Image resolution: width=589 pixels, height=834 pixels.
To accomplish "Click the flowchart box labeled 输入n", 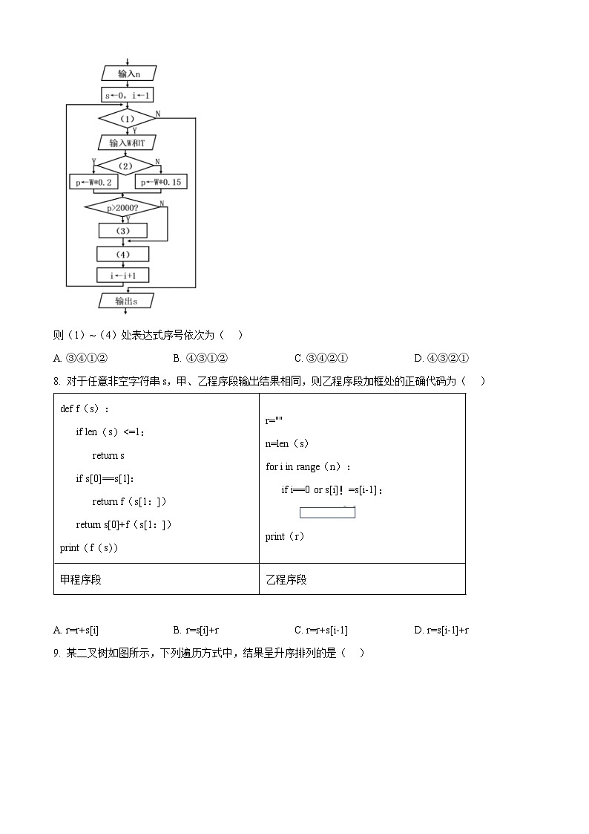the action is pos(128,74).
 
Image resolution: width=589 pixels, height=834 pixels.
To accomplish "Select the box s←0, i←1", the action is pos(128,95).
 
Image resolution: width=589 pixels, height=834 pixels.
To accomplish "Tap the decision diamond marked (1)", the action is pos(128,119).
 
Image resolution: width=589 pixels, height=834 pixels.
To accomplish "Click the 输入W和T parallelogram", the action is pos(128,143).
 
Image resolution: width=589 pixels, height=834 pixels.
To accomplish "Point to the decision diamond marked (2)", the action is pos(126,166).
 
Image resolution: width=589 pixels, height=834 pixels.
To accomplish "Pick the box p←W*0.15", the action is pos(160,182).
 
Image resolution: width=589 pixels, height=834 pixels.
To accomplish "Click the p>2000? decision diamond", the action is pos(123,208).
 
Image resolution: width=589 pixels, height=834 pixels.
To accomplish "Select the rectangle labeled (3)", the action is pos(124,231).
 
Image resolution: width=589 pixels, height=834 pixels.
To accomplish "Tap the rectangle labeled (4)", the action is pos(123,254).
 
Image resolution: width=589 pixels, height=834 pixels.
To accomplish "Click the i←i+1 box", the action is pos(123,276).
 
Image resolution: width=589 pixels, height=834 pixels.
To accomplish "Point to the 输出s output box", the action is pos(126,301).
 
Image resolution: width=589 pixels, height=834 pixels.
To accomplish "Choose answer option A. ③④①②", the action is pos(82,359).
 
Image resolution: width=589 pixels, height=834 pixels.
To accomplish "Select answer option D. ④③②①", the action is pos(441,359).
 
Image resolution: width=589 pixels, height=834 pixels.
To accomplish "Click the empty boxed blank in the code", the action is pos(327,512).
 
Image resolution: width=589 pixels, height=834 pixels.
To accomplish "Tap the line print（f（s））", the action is pos(89,548).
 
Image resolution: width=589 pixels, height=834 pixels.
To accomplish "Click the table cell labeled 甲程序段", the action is pos(156,579).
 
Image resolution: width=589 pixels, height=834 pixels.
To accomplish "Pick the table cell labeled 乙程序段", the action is pos(362,579).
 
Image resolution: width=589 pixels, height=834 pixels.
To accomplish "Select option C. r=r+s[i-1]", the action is pos(320,631).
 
